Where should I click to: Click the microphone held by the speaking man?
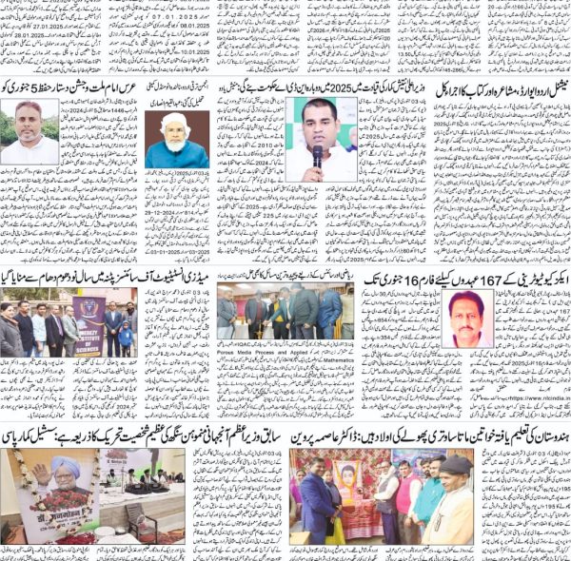coord(318,153)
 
